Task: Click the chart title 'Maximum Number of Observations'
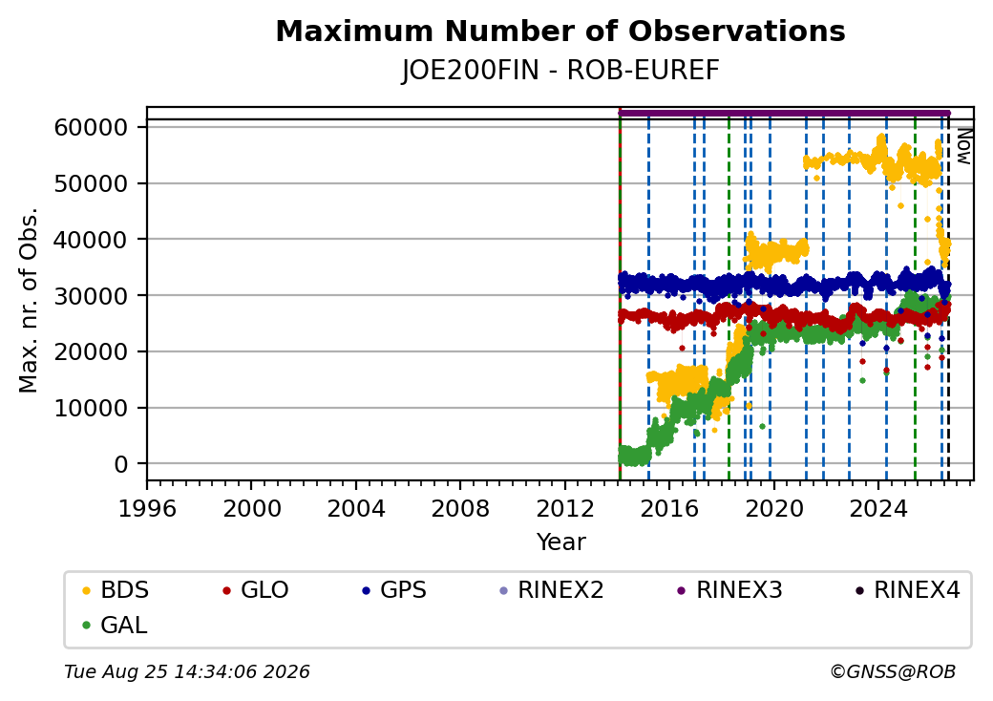560,31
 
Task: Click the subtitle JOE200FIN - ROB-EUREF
560,71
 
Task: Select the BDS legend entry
116,590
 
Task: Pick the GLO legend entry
256,590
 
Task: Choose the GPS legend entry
394,590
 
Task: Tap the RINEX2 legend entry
552,590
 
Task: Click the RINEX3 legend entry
730,590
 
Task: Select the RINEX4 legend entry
908,590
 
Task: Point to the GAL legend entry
116,625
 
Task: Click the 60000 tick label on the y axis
92,127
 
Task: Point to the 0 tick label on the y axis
121,464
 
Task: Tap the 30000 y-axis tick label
92,296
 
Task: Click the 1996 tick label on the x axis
148,508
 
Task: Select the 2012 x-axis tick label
564,508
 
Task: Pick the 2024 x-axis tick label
877,508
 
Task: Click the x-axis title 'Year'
561,542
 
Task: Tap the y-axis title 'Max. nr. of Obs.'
29,300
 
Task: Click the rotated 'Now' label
963,146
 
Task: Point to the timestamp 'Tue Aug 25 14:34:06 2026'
187,671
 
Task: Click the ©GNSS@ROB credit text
893,671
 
